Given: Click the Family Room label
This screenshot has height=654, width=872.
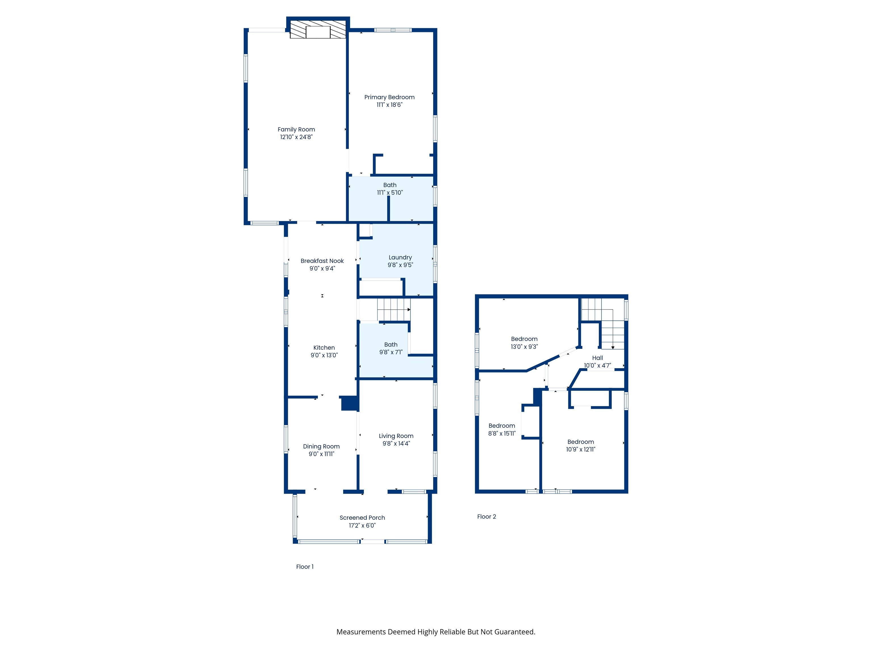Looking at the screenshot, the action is (296, 129).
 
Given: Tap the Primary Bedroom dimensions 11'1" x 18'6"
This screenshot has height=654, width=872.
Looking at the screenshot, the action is (389, 105).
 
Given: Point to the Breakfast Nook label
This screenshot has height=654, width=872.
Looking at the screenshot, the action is (322, 261).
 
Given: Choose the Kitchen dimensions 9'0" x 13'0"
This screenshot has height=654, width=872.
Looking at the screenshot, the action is (324, 355).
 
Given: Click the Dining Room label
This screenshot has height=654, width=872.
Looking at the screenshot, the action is (321, 447).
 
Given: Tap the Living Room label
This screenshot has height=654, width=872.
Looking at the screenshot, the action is (396, 436).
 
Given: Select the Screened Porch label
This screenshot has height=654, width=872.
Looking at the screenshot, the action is (362, 517).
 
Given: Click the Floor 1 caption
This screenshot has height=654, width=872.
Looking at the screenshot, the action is (305, 567).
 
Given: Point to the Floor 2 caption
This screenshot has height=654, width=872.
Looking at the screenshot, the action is (487, 516).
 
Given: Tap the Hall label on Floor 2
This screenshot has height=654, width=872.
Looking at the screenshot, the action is (598, 358).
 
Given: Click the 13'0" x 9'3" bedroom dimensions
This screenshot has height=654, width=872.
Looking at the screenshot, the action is (524, 347).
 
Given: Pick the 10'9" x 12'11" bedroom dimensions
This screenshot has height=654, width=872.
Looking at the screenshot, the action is (581, 449).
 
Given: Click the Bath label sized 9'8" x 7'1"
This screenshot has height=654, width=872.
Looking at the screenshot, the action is (391, 345).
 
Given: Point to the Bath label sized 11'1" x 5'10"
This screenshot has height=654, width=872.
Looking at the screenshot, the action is (390, 185).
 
